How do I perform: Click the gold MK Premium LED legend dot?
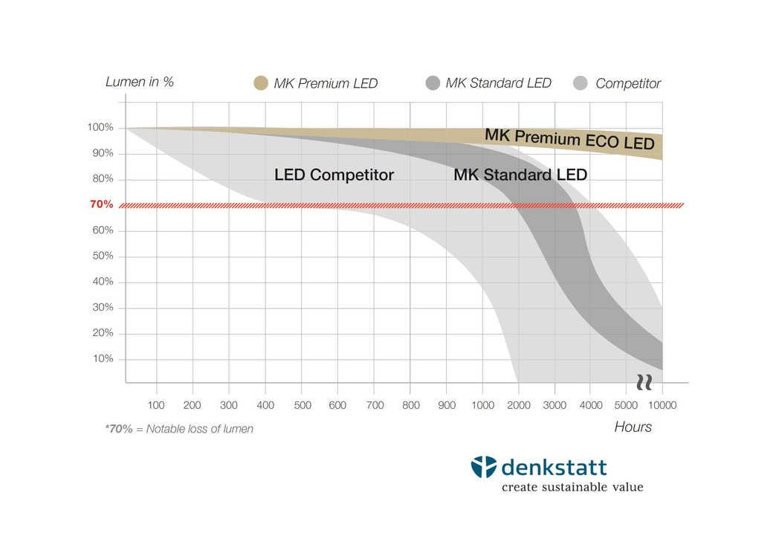[260, 83]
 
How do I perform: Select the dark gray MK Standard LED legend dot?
[433, 83]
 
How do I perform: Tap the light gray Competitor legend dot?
[581, 83]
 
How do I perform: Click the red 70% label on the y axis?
[102, 204]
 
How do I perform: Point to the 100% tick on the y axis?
[100, 128]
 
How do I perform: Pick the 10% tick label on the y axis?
[103, 359]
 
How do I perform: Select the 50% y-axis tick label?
[103, 256]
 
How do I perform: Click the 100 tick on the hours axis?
[156, 406]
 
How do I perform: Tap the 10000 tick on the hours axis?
[662, 406]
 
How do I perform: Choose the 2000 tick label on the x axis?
[518, 406]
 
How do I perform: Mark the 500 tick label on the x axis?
[302, 406]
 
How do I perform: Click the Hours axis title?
[633, 427]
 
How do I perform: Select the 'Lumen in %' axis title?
[140, 82]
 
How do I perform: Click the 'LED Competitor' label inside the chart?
[334, 175]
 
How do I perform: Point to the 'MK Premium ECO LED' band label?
[569, 139]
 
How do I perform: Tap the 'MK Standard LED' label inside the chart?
[520, 175]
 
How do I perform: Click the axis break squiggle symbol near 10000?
[644, 382]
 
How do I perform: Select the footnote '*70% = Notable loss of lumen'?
[179, 429]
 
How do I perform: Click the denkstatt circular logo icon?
[483, 467]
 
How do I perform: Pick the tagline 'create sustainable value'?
[572, 488]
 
